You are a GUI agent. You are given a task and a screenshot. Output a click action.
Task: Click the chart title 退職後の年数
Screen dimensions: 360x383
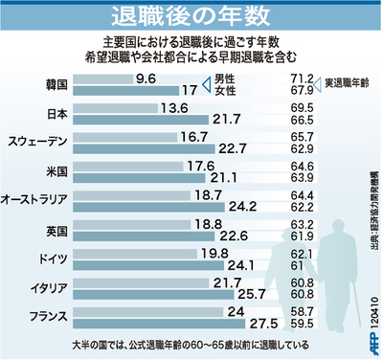click(191, 16)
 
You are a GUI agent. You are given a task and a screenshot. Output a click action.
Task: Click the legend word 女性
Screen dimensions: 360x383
click(224, 92)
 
